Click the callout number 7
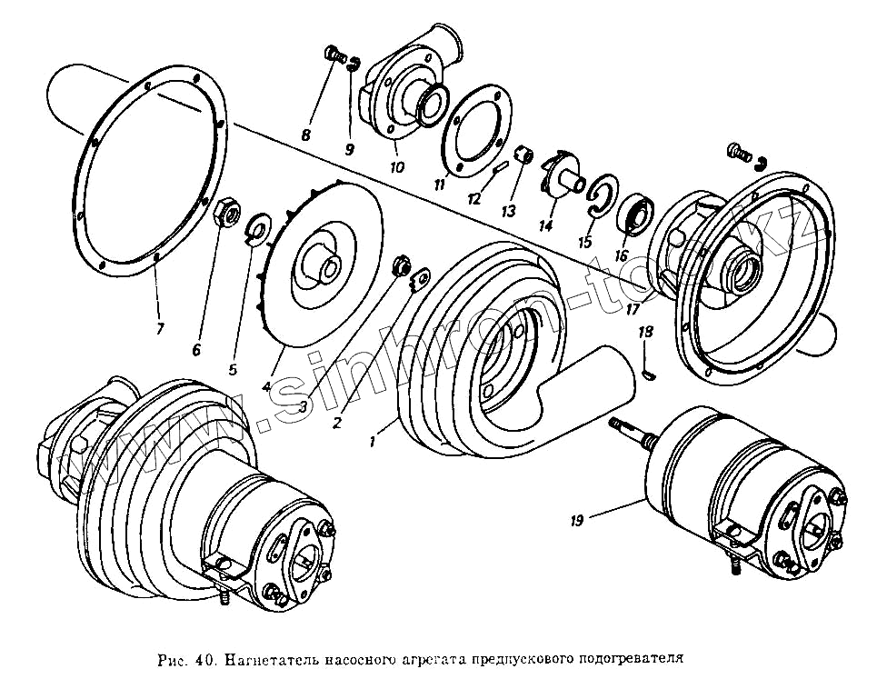[x=160, y=328]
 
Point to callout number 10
[x=396, y=167]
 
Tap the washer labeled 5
[x=257, y=228]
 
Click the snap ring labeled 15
[x=598, y=199]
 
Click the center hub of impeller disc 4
[x=327, y=265]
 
